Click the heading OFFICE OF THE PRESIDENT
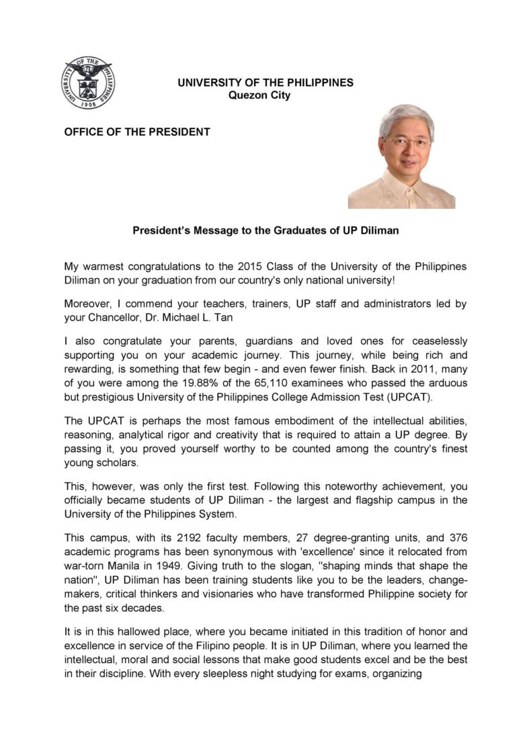[x=137, y=132]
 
